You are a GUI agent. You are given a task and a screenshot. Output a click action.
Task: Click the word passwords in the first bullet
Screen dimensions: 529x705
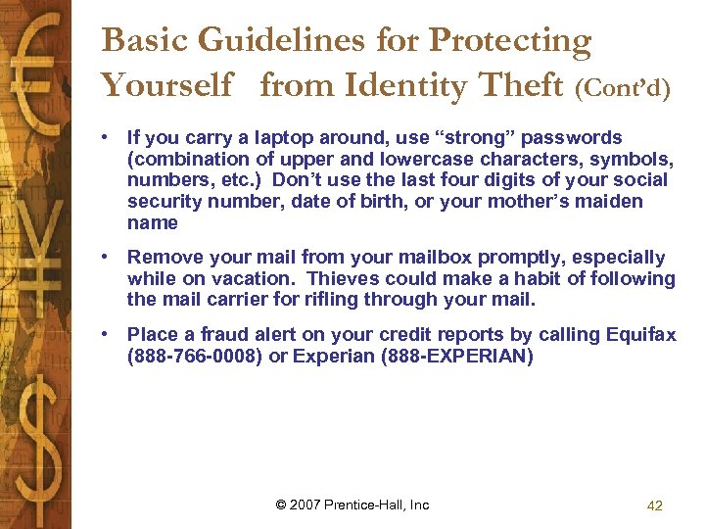tap(572, 138)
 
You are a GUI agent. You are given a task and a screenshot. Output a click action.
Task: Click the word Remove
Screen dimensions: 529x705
tap(163, 258)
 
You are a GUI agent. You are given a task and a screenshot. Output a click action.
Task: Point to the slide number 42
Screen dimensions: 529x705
tap(655, 505)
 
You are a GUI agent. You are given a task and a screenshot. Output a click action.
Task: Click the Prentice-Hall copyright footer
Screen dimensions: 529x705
tap(352, 505)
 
